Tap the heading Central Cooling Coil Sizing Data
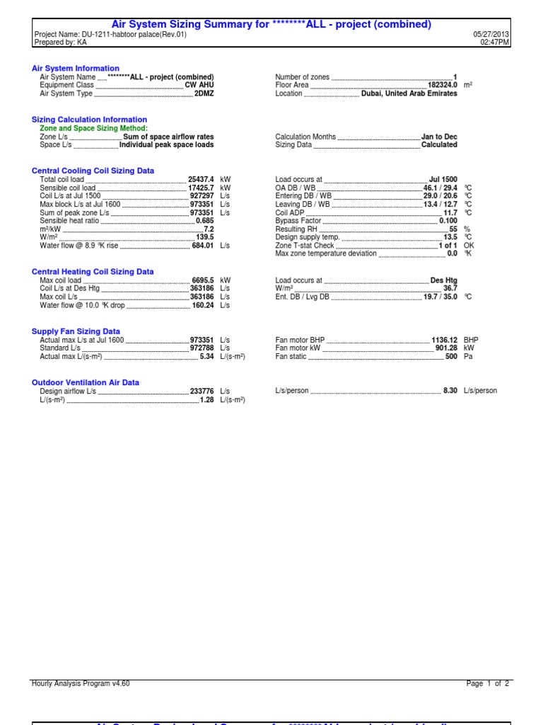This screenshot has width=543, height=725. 93,171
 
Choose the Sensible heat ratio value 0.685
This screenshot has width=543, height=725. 204,221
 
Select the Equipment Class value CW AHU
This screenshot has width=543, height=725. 199,85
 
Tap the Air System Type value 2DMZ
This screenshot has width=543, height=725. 204,93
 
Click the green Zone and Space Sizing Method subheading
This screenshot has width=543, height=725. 93,128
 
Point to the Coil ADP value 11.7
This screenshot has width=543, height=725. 450,212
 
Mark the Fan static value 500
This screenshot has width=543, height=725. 451,356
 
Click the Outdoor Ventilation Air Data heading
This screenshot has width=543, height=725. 85,382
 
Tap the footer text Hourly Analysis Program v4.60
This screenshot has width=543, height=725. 81,684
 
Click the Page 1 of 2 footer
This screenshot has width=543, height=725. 487,684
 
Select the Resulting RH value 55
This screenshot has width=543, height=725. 453,229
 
